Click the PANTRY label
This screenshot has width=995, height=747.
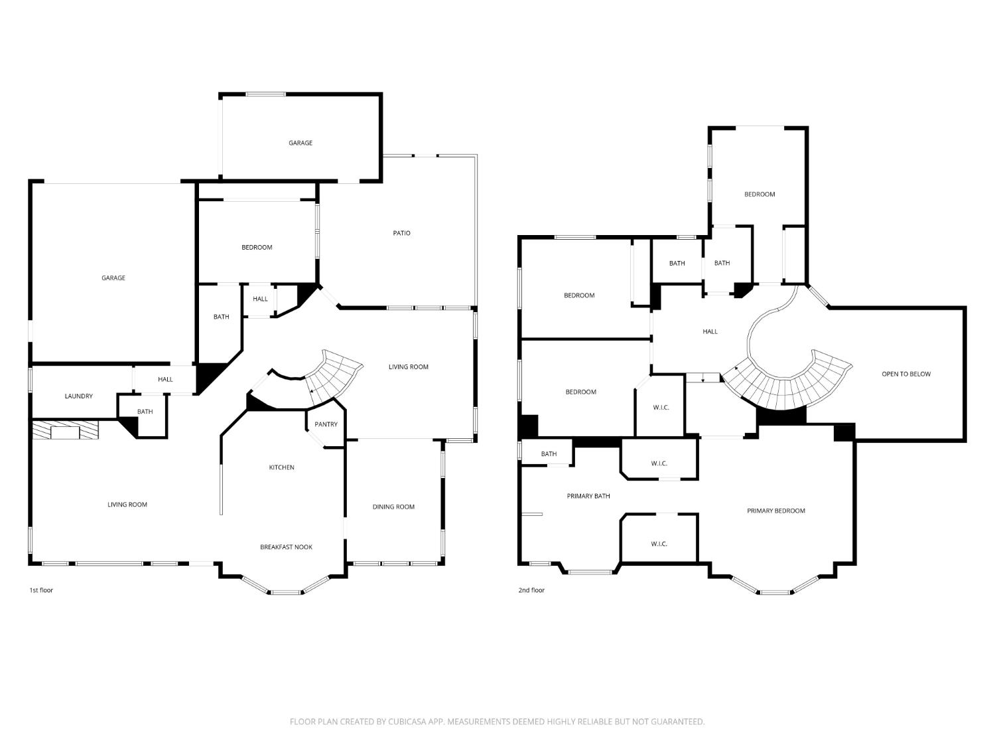[326, 424]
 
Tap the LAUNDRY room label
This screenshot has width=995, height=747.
[78, 396]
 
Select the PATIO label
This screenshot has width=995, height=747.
[401, 233]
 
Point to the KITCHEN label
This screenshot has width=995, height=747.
[281, 467]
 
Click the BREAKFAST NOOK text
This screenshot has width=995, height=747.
[286, 547]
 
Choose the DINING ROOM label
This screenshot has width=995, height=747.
[393, 507]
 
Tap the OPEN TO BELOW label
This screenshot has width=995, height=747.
[905, 374]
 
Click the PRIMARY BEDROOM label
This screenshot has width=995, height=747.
[775, 511]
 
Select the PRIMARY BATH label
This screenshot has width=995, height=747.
[588, 496]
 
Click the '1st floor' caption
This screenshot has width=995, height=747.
[41, 590]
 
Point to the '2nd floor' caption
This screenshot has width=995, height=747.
[531, 590]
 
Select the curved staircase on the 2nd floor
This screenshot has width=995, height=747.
[789, 385]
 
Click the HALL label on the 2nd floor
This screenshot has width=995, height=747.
[710, 331]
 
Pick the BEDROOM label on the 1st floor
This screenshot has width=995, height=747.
[257, 248]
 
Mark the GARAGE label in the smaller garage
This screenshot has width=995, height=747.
[300, 143]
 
